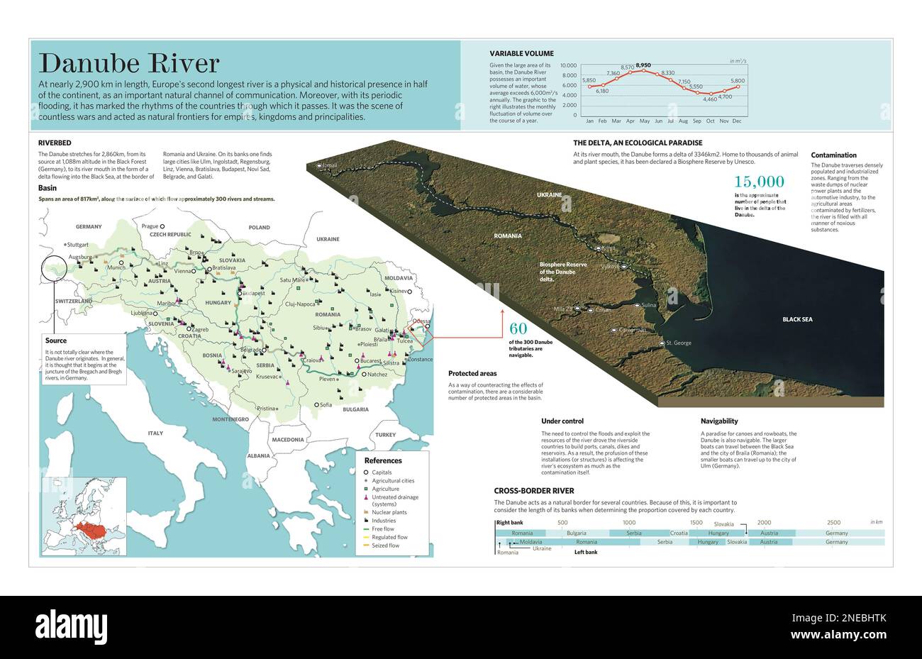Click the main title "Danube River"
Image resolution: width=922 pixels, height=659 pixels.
pos(128,64)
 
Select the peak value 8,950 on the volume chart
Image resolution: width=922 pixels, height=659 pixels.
pos(643,65)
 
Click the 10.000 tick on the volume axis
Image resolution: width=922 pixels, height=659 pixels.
pos(569,65)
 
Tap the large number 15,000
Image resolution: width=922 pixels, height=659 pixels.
pos(759,182)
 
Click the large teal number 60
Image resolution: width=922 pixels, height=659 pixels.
pos(518,328)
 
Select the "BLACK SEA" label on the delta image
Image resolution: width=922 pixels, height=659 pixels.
pos(797,319)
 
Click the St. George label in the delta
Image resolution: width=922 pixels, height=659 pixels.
pos(679,343)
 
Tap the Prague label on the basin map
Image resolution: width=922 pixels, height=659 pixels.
pos(150,226)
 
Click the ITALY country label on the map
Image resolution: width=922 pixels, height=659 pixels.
pos(155,433)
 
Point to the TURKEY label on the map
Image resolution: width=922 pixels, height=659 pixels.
pos(386,435)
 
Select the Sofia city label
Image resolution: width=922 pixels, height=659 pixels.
pos(326,405)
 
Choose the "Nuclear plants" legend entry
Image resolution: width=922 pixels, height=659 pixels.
pos(389,512)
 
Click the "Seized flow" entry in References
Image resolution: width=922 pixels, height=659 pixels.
pos(385,546)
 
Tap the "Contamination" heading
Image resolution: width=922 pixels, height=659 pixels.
pos(833,155)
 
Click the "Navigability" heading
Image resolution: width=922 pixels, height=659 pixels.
pos(719,421)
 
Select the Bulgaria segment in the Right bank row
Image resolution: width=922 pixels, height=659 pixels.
pos(576,533)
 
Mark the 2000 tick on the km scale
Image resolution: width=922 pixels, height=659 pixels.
pos(764,523)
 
